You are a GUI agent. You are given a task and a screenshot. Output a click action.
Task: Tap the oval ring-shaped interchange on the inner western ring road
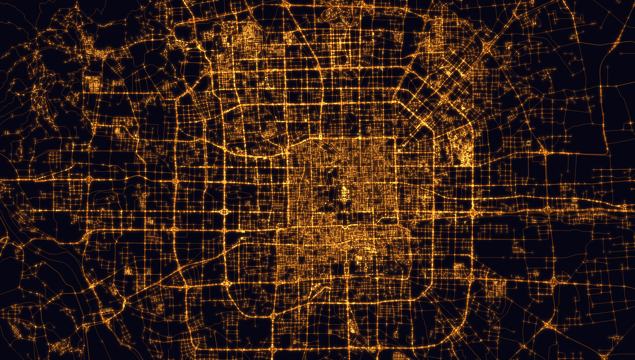pos(224,211)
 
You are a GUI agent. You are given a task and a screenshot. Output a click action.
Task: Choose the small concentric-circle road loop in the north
pos(364,62)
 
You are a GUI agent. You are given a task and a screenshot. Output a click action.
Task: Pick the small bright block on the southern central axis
pos(351,327)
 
